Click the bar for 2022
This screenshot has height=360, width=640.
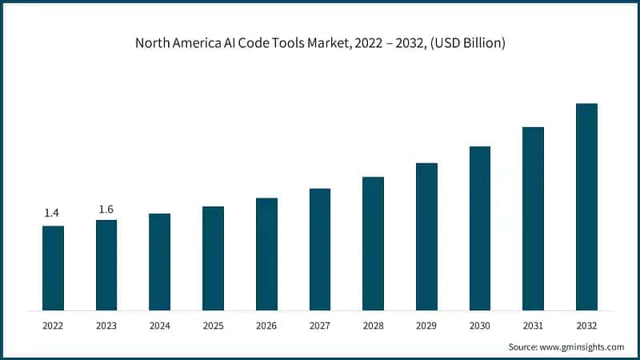[53, 268]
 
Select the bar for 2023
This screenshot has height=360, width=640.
[106, 265]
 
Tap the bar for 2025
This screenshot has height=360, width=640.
[213, 258]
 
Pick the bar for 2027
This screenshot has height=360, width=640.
[320, 250]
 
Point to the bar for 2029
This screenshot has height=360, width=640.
[426, 237]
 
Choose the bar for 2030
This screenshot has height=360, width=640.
[480, 228]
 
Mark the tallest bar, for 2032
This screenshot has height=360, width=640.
[586, 206]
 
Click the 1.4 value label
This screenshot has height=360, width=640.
[52, 213]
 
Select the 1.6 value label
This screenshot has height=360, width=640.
[106, 210]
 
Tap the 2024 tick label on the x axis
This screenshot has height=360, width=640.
[159, 326]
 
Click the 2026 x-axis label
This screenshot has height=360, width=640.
[266, 326]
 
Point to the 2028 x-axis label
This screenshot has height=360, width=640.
[373, 326]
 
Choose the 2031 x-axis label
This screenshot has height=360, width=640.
[533, 326]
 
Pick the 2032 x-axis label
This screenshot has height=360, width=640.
[586, 326]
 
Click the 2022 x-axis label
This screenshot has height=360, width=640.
[53, 326]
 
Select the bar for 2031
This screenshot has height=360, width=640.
[533, 218]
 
